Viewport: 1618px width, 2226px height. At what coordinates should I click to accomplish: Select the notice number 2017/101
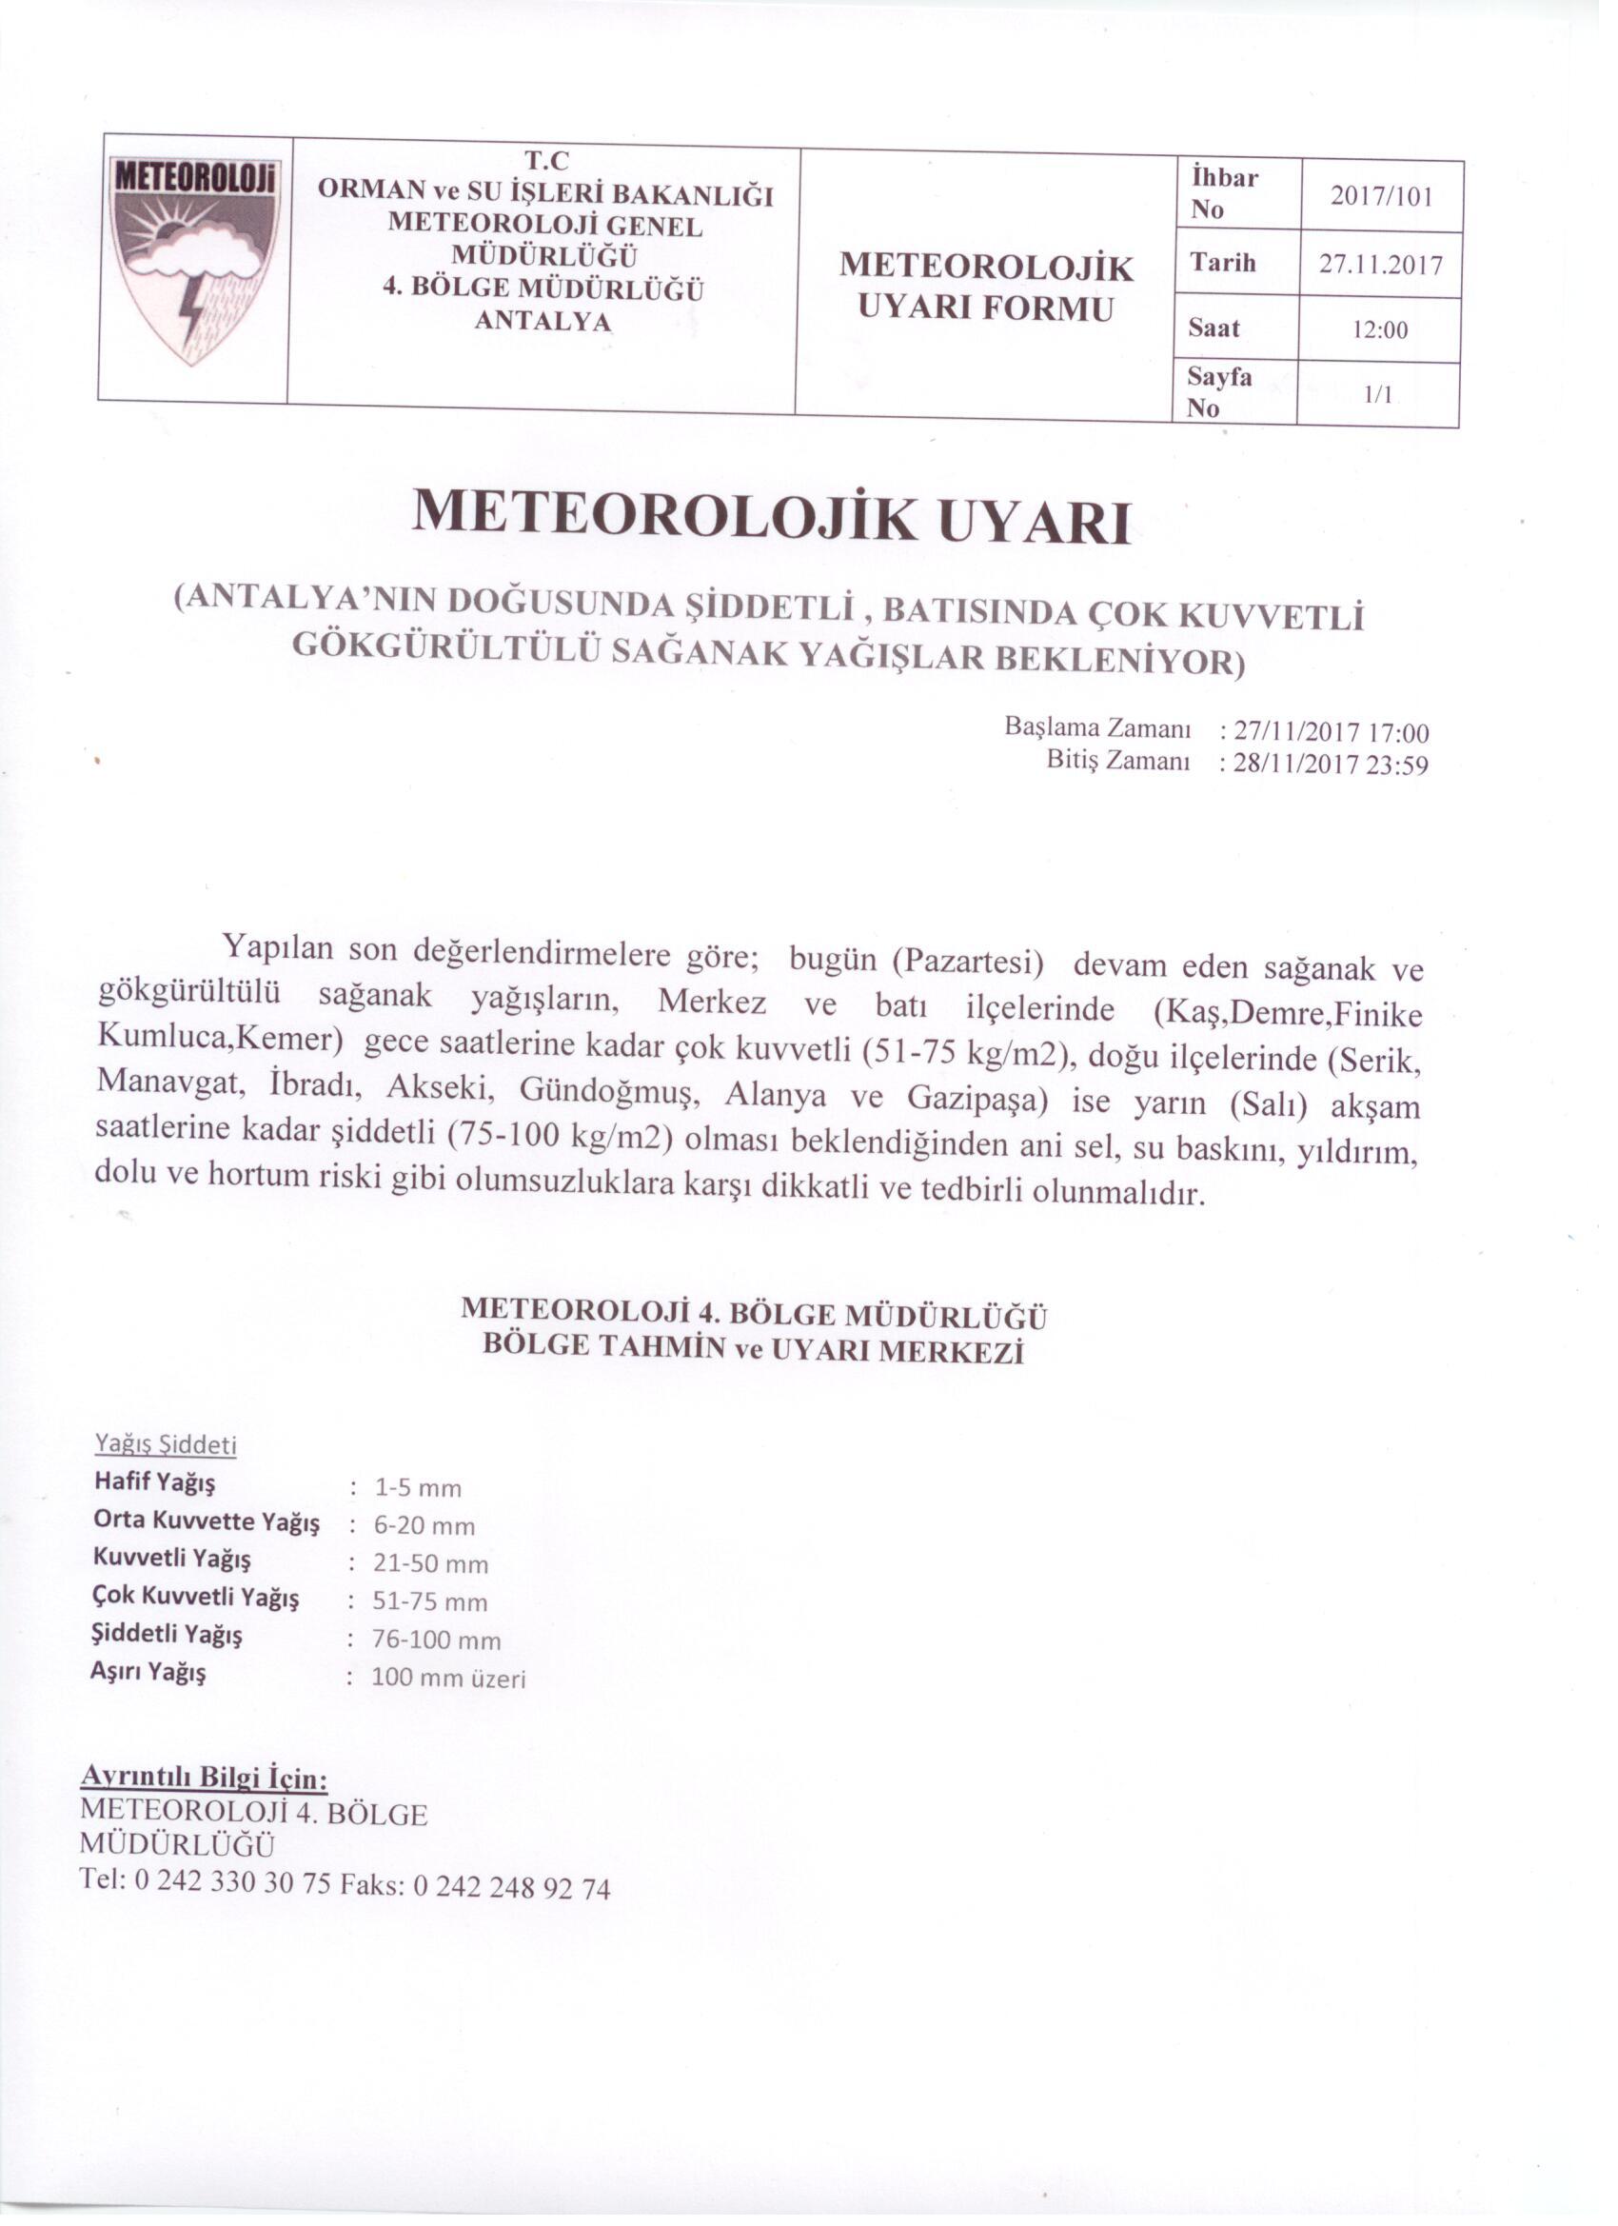tap(1382, 196)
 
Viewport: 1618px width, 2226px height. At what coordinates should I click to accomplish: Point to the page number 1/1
tap(1377, 394)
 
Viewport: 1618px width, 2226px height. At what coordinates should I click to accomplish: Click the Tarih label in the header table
tap(1223, 262)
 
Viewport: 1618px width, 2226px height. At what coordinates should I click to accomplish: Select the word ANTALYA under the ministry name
tap(543, 321)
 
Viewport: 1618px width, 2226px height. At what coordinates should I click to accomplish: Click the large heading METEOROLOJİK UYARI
tap(770, 518)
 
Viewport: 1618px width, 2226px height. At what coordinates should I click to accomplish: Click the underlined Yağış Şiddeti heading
tap(166, 1444)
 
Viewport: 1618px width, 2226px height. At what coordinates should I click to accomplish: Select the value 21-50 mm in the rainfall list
tap(431, 1563)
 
